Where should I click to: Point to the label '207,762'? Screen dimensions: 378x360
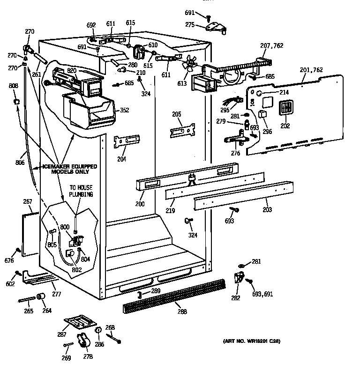[272, 45]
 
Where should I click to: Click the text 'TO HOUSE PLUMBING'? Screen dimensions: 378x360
[81, 190]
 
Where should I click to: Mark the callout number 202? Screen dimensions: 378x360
[285, 126]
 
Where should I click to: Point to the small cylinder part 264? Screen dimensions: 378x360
[40, 298]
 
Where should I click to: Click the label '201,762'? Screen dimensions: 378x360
[311, 70]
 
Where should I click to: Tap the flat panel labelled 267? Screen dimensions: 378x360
[31, 232]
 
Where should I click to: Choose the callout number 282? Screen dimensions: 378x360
[235, 298]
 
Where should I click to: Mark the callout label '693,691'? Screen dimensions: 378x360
[262, 294]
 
